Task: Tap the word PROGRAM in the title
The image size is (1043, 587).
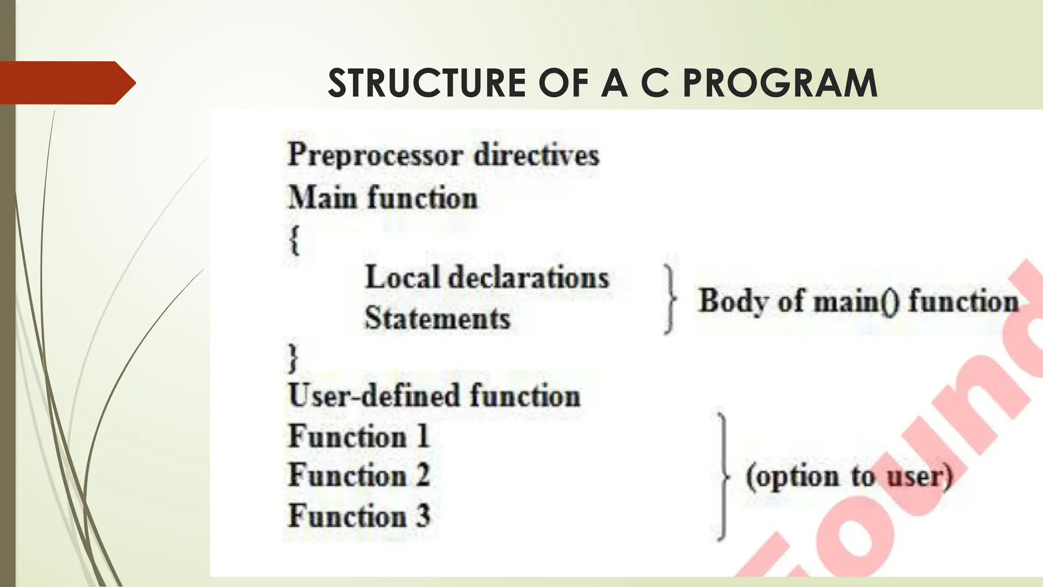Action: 780,83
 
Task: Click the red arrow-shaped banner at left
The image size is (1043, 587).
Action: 66,83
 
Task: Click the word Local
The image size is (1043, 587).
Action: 402,278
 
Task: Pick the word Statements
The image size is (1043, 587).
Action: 437,318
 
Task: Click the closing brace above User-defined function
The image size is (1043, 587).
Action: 293,358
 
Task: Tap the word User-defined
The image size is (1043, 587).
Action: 375,396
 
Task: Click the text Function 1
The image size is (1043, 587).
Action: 359,437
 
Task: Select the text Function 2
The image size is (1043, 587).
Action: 359,475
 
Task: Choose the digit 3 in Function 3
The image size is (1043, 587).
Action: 423,515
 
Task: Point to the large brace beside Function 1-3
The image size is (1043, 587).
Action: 723,476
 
